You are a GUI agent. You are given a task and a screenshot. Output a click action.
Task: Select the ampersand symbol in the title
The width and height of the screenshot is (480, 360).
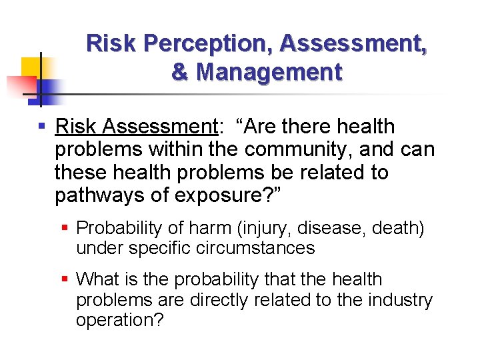coord(179,72)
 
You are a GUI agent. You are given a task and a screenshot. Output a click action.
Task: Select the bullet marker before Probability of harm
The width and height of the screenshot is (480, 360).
coord(65,228)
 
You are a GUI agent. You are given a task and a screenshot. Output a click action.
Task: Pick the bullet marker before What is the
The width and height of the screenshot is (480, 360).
coord(65,279)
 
